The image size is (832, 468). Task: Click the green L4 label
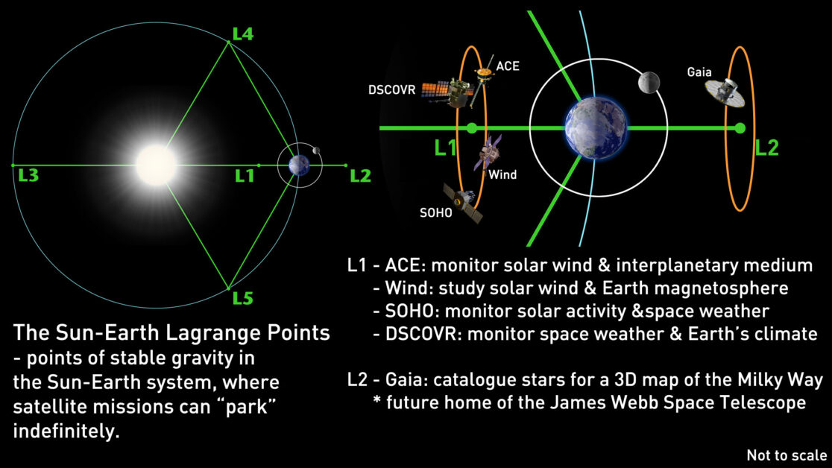243,34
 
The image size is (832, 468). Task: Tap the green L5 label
243,298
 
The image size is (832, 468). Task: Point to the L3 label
28,175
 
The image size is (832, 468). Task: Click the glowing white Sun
156,165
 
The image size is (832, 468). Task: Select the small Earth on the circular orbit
299,165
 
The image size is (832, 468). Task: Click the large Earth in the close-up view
596,128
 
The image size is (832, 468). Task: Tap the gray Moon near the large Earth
649,83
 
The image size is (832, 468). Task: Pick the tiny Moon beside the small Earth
316,151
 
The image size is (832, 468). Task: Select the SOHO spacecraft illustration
463,203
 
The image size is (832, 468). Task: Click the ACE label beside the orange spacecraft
508,66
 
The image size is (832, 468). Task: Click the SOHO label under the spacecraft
435,213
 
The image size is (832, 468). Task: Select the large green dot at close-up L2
740,128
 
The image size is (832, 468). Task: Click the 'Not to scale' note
787,455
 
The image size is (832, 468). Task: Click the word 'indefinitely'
66,431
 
